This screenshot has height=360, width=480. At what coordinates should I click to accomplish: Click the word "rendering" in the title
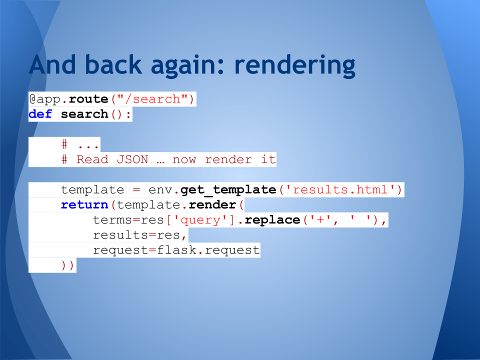pos(294,66)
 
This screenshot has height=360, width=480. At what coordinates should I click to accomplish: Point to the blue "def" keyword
pos(40,114)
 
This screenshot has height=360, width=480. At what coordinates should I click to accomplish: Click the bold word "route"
pos(88,99)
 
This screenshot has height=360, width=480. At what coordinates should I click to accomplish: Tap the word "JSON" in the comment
pos(132,159)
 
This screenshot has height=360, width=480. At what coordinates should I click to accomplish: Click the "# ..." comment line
pos(80,144)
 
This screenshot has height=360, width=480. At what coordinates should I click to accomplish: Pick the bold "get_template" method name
pos(228,190)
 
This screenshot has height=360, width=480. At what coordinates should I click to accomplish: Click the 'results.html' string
pos(340,190)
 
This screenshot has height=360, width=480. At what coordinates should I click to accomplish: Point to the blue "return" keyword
pos(84,205)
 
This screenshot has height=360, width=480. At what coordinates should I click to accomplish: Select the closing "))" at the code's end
pos(68,265)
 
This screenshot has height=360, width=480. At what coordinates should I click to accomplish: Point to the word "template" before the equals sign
pos(92,190)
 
